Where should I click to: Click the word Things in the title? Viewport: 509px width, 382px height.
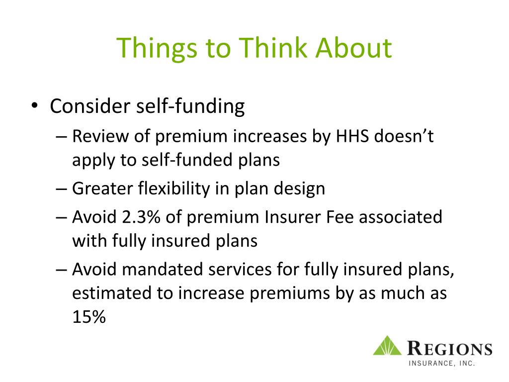coord(157,49)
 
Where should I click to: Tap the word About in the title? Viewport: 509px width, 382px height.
coord(353,48)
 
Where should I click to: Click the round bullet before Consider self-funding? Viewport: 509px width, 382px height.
coord(35,105)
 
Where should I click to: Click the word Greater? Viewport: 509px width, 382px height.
coord(102,188)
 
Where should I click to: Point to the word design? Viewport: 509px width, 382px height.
coord(299,189)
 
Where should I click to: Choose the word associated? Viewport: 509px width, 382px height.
coord(400,217)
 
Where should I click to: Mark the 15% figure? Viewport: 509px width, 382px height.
coord(89,316)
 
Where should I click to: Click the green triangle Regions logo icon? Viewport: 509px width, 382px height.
coord(387,346)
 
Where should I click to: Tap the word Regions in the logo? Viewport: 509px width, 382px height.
coord(449,349)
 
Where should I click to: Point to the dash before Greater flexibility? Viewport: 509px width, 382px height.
coord(61,189)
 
